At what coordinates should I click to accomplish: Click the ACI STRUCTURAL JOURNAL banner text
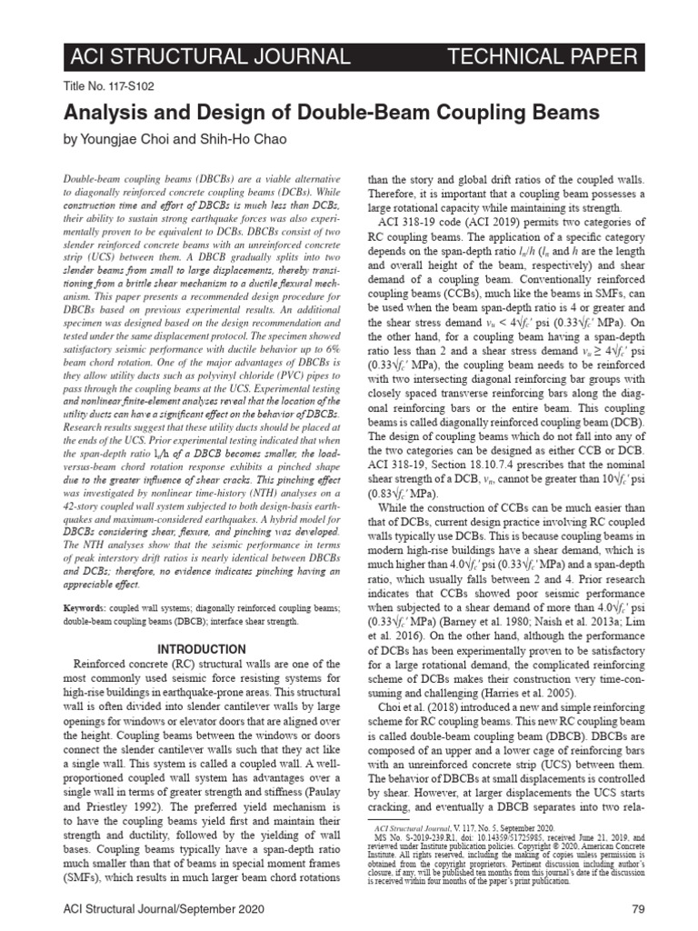pos(208,57)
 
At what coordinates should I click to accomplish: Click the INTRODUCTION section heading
pos(202,649)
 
